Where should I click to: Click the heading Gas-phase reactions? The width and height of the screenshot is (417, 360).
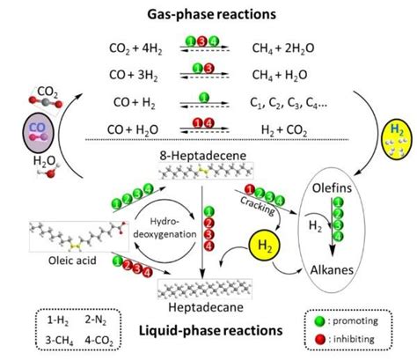pos(208,15)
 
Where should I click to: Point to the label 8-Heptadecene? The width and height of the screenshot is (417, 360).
pos(208,155)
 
